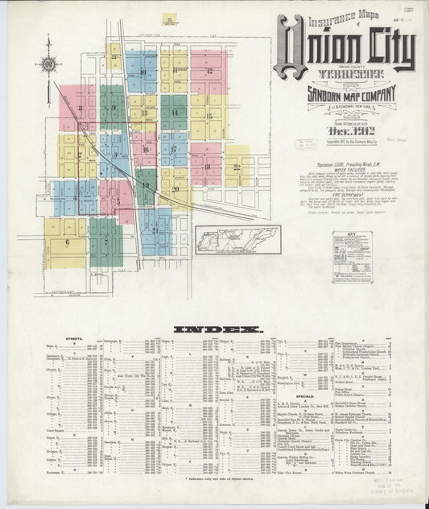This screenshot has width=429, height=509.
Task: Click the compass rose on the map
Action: (x=50, y=64)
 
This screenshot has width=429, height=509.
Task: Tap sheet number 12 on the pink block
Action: (x=212, y=71)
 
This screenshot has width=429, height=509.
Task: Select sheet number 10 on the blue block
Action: (x=142, y=72)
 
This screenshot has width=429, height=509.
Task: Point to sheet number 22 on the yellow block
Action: (x=237, y=168)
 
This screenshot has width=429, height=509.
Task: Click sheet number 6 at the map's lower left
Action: (x=67, y=240)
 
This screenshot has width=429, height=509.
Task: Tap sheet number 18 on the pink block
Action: (x=206, y=168)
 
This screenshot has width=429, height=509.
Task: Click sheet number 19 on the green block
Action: (x=146, y=185)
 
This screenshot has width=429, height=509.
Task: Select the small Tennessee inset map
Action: (x=237, y=239)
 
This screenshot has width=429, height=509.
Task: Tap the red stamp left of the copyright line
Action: (x=306, y=145)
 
